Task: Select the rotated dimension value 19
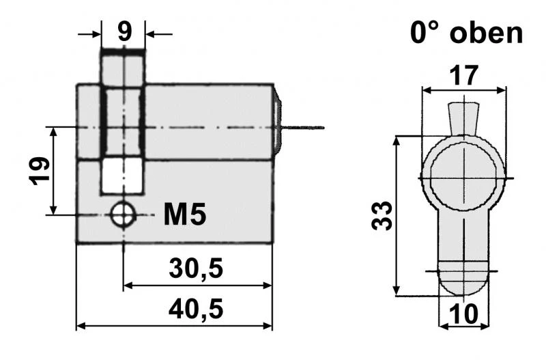pos(39,171)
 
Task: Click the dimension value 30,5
pos(197,268)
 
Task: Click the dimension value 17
pos(464,74)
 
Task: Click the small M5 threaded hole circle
pos(124,214)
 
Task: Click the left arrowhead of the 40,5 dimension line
pos(81,326)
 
